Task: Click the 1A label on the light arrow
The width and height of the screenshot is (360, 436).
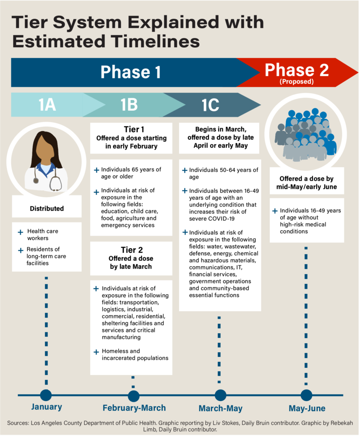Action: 47,105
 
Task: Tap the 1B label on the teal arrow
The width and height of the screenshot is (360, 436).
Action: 129,105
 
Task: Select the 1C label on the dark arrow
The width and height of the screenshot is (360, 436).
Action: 211,105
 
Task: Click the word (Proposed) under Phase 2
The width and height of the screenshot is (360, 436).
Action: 297,81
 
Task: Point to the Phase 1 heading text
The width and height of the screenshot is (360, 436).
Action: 131,72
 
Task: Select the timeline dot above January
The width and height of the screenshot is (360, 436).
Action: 46,395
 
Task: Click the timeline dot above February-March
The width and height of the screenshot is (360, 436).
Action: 134,396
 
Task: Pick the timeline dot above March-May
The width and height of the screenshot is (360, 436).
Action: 220,395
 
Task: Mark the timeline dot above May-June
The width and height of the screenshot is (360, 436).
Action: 306,395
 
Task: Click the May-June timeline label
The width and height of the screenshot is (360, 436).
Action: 307,408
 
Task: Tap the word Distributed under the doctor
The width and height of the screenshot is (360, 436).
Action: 47,209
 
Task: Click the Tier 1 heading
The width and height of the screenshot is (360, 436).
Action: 134,129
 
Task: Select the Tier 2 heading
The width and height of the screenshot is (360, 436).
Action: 132,250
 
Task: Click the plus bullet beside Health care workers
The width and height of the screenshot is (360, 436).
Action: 20,232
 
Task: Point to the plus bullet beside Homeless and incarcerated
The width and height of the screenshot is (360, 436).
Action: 96,352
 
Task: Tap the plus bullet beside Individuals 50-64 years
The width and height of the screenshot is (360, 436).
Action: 185,170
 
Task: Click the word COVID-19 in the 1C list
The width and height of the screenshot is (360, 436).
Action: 221,218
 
